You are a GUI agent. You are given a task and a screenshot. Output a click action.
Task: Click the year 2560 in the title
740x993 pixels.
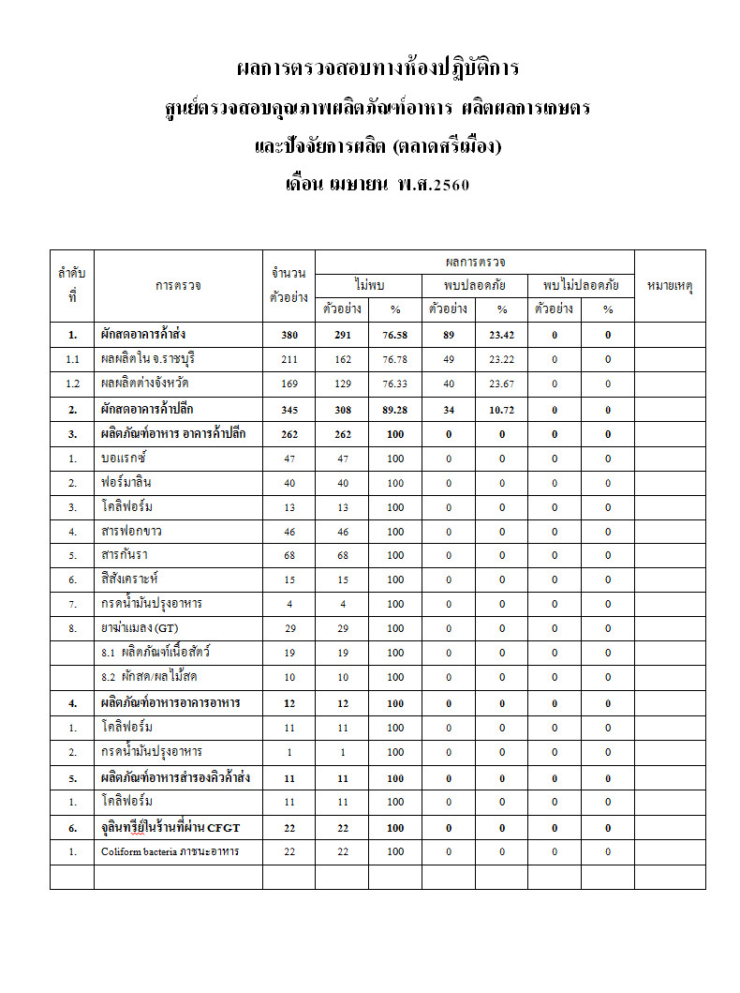[448, 185]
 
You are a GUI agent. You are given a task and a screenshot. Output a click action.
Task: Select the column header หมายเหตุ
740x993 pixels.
[670, 285]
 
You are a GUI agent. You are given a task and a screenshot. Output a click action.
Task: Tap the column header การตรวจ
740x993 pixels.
[178, 285]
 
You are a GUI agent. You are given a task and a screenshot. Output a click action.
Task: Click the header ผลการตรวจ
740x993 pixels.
[475, 262]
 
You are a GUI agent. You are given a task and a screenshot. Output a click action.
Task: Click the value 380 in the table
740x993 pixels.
[289, 334]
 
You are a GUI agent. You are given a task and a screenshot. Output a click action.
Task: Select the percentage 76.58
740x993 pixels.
[395, 334]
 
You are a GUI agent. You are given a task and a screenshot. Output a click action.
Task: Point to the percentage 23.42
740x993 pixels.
[501, 334]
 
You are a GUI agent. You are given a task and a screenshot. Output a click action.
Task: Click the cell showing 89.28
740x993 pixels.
[395, 409]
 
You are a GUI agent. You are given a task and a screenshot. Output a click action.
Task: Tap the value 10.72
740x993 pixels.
[501, 409]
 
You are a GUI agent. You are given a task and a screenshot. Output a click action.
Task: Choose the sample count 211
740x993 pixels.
[289, 358]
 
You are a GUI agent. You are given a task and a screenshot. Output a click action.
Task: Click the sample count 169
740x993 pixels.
[289, 384]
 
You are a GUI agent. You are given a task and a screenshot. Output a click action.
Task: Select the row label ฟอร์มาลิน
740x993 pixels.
[126, 482]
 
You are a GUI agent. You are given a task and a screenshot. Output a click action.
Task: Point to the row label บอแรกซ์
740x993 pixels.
[125, 458]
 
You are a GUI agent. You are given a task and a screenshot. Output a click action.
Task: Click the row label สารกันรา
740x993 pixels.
[126, 555]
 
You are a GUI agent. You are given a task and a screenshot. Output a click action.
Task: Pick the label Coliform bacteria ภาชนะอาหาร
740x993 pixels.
[170, 851]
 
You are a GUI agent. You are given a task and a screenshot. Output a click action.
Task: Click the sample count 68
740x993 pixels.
[289, 556]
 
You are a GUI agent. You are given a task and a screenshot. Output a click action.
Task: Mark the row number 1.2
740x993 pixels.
[72, 384]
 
